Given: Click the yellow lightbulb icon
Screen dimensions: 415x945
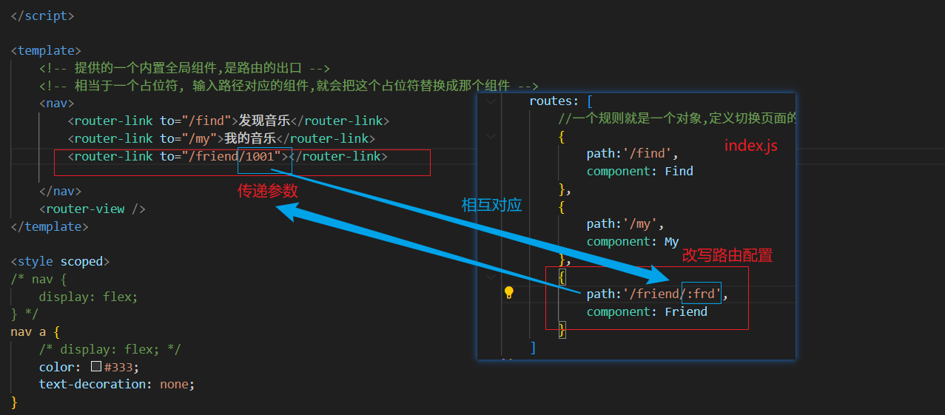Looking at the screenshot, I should (x=509, y=293).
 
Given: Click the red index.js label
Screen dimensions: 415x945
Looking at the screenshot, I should (x=750, y=146).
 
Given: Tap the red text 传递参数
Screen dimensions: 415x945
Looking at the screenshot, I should (x=267, y=191).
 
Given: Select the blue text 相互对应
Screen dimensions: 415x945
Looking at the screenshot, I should (x=491, y=206).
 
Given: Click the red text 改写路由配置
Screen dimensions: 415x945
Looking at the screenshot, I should (x=727, y=256).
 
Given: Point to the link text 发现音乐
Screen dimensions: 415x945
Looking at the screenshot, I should (x=264, y=121).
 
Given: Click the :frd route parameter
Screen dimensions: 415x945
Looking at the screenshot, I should (x=701, y=294).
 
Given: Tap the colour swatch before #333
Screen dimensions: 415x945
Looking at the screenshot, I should (x=96, y=367).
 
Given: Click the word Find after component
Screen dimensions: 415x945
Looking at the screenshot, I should (x=679, y=171).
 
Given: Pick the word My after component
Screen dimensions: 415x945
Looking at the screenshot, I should (x=671, y=241).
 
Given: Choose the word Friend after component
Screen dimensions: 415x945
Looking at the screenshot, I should (x=685, y=311).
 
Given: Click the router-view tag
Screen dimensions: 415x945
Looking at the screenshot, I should (x=92, y=209).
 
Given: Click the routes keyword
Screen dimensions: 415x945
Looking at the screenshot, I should (x=554, y=101).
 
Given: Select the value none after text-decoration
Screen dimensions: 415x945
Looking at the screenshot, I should (x=175, y=384).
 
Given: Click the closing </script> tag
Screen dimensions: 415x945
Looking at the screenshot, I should (x=42, y=16).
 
